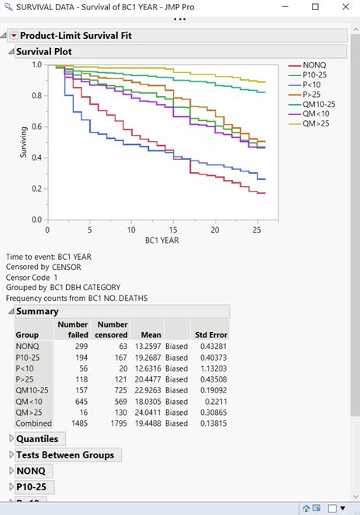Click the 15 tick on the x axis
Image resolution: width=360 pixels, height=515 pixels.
(172, 230)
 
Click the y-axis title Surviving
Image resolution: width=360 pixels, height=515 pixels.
(23, 143)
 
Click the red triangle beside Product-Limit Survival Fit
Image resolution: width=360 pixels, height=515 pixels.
(13, 36)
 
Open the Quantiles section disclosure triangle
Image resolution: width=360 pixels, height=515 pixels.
(11, 439)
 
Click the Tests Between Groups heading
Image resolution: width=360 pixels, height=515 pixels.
(65, 455)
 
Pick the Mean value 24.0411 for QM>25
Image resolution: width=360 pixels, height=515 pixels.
(145, 413)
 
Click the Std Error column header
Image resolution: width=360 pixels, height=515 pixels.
(211, 334)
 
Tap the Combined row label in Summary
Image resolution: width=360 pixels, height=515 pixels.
(33, 423)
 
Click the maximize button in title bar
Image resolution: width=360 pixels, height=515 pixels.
(314, 6)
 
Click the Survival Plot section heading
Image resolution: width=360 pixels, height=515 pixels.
(44, 51)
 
